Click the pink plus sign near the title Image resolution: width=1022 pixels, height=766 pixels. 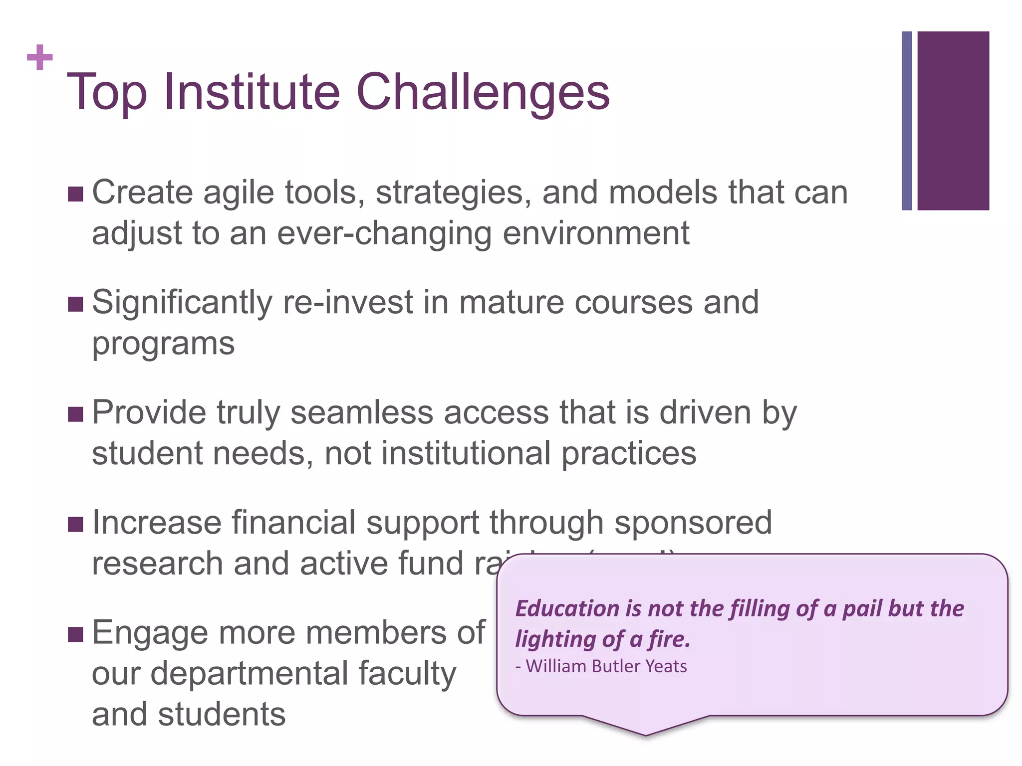(x=40, y=57)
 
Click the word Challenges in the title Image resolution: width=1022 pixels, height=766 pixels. (x=483, y=92)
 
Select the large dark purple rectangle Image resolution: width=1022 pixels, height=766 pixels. (x=953, y=121)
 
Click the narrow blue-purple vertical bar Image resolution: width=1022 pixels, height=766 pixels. (x=907, y=121)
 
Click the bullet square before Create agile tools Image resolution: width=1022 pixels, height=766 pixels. (x=75, y=194)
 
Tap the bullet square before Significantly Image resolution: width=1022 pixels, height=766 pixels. (x=75, y=304)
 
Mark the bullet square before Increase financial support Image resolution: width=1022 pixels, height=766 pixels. (x=75, y=524)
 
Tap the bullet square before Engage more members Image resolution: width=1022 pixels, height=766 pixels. (x=75, y=634)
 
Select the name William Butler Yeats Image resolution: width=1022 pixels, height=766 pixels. (x=606, y=666)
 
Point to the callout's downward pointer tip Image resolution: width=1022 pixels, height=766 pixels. (x=645, y=734)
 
